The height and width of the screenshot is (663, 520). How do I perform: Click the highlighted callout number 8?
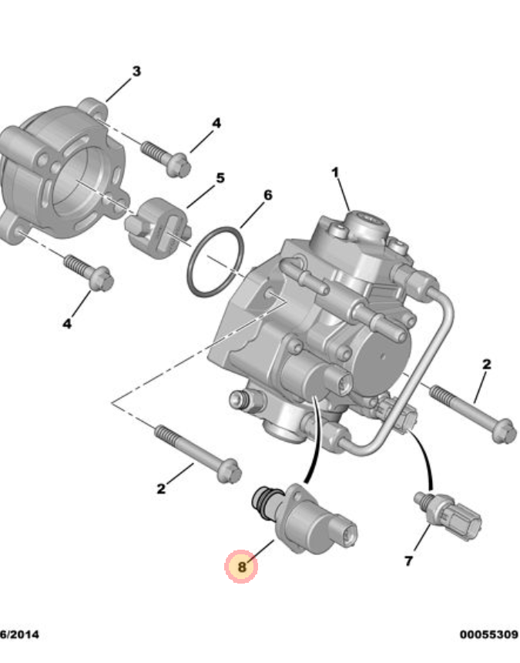pos(241,567)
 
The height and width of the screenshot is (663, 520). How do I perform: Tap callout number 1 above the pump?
pos(335,172)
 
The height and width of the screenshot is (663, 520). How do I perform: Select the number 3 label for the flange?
pos(136,72)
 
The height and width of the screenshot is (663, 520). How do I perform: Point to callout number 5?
pos(220,178)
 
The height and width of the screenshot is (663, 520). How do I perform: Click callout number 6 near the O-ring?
pos(267,195)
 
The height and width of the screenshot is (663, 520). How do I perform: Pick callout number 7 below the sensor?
pos(408,560)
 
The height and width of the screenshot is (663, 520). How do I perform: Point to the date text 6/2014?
pos(18,634)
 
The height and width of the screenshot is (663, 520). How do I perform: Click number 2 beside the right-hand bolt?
pos(486,363)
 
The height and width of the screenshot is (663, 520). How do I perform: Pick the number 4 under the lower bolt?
pos(67,325)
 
